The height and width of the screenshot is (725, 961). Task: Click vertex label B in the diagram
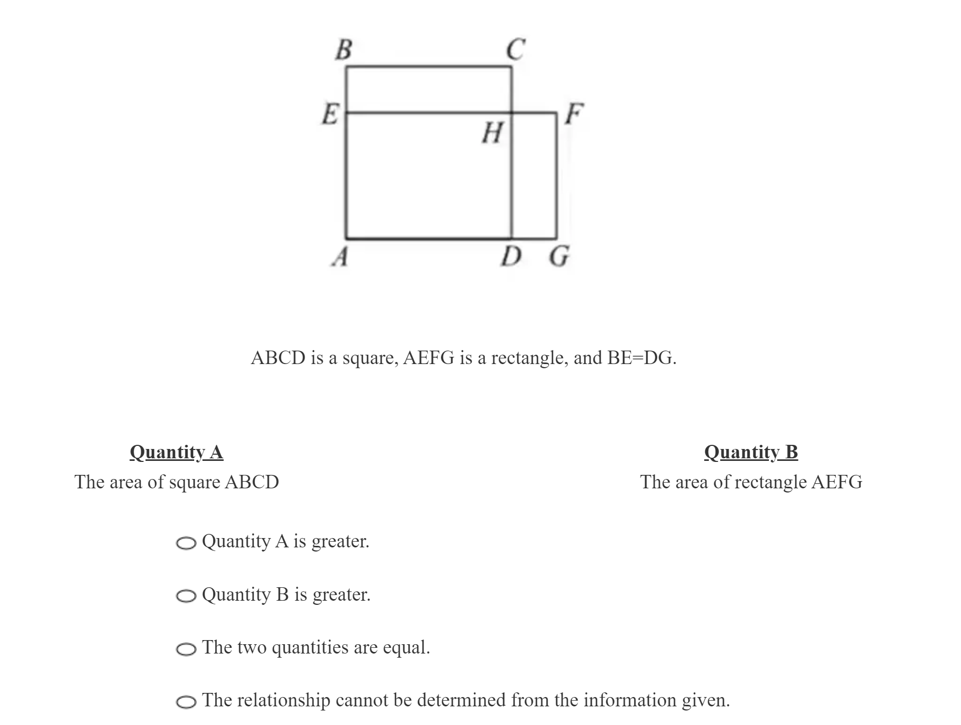pyautogui.click(x=343, y=50)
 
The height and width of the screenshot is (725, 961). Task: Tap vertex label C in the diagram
pyautogui.click(x=516, y=49)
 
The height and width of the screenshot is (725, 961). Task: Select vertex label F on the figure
pyautogui.click(x=574, y=113)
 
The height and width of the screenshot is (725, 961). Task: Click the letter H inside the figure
pyautogui.click(x=492, y=133)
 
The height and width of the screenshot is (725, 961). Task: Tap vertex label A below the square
pyautogui.click(x=340, y=256)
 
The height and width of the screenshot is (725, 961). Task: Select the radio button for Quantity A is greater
pyautogui.click(x=186, y=543)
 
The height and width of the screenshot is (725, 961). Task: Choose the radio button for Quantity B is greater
pyautogui.click(x=186, y=596)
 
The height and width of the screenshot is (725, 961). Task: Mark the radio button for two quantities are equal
pyautogui.click(x=186, y=649)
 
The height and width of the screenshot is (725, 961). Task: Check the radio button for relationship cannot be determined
pyautogui.click(x=186, y=702)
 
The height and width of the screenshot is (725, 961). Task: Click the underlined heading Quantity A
pyautogui.click(x=177, y=452)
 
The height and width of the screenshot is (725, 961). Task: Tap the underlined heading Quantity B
pyautogui.click(x=751, y=452)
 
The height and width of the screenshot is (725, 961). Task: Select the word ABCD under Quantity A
pyautogui.click(x=252, y=482)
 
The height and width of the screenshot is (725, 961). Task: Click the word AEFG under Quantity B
pyautogui.click(x=837, y=482)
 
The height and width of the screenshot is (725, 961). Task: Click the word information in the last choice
pyautogui.click(x=630, y=700)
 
